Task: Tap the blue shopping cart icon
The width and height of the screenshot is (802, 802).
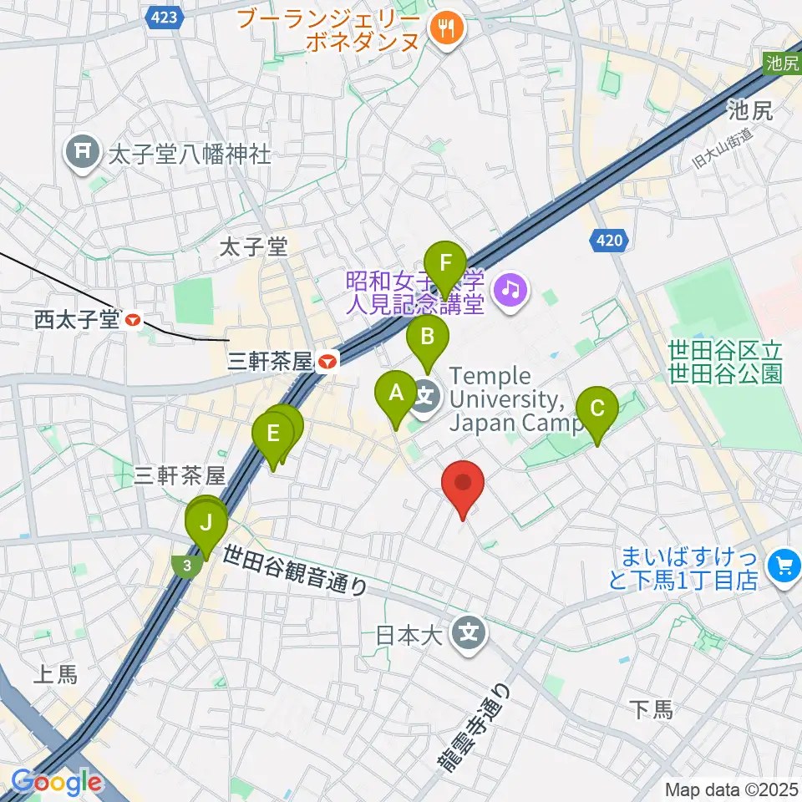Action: click(x=783, y=566)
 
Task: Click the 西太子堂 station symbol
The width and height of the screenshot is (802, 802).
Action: click(x=132, y=319)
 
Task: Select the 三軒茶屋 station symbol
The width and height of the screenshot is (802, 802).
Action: click(x=327, y=361)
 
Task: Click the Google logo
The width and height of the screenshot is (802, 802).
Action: click(x=56, y=782)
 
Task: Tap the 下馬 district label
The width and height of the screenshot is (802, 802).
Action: click(x=651, y=710)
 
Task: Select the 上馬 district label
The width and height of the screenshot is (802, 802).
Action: click(x=56, y=675)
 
